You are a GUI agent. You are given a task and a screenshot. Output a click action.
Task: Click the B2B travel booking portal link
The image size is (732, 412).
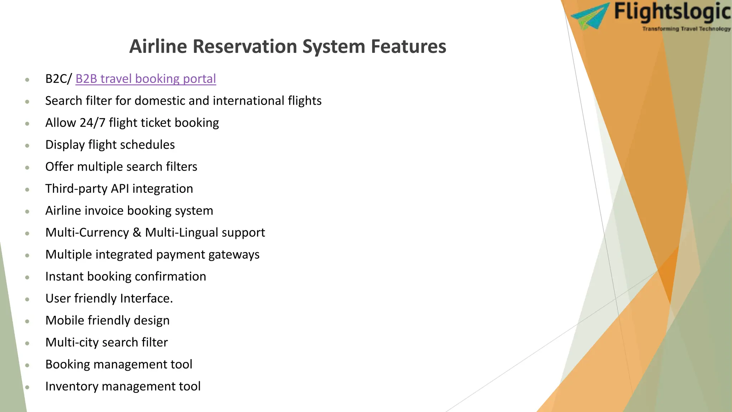pyautogui.click(x=145, y=79)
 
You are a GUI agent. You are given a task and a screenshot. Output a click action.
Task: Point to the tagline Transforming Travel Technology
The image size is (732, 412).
pyautogui.click(x=686, y=29)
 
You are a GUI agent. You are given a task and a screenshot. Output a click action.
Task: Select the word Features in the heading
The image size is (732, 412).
pyautogui.click(x=408, y=46)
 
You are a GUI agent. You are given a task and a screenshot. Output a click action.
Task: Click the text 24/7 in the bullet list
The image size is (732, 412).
pyautogui.click(x=92, y=123)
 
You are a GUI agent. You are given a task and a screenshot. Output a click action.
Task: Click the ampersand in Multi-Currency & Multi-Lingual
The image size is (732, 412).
pyautogui.click(x=137, y=232)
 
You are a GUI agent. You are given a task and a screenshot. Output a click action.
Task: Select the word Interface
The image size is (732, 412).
pyautogui.click(x=147, y=298)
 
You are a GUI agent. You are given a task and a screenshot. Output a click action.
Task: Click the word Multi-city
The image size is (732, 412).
pyautogui.click(x=71, y=342)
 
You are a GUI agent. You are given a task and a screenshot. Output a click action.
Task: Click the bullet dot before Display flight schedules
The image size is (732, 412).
pyautogui.click(x=27, y=146)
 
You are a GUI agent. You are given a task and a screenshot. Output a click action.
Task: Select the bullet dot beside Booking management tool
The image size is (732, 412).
pyautogui.click(x=27, y=365)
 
